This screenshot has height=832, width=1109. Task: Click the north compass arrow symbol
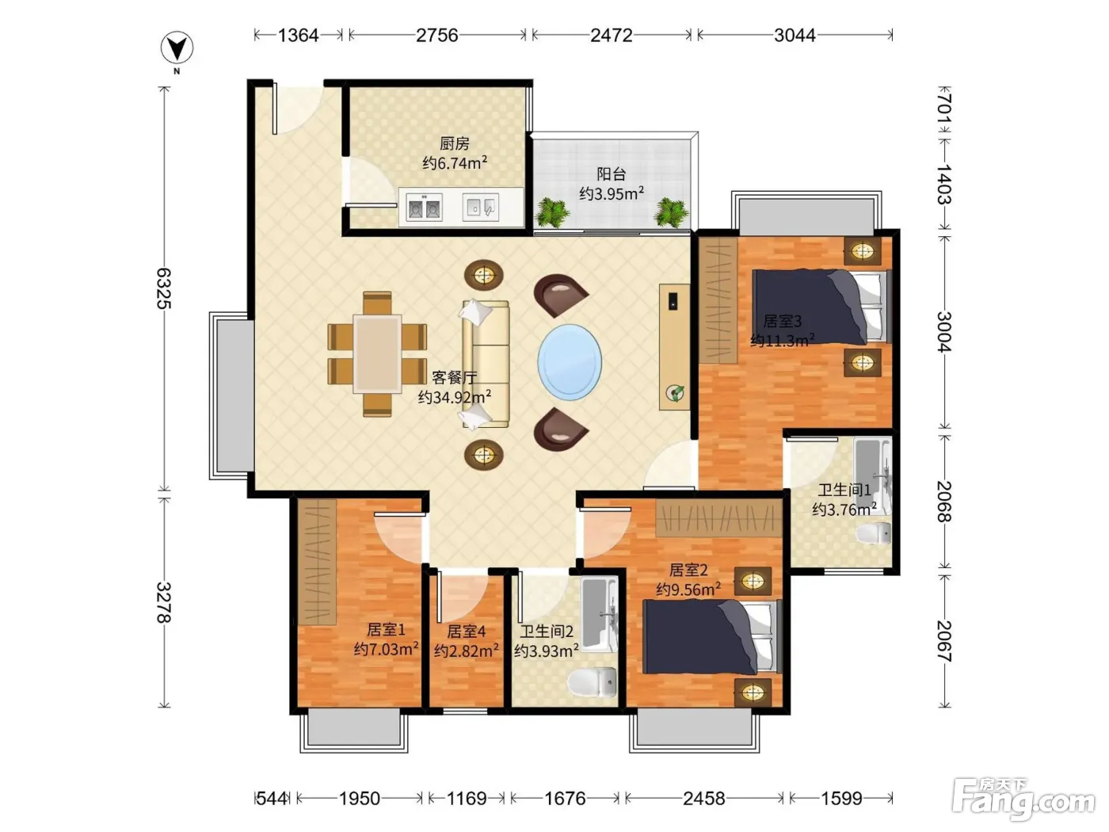click(177, 48)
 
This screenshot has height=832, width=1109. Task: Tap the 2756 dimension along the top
click(437, 36)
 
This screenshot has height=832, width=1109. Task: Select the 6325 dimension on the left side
click(164, 288)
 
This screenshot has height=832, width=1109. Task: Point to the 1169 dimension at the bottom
click(467, 798)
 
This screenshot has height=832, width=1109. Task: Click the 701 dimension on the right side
click(944, 108)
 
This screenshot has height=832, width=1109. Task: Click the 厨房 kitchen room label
click(454, 144)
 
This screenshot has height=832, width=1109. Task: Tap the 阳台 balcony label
click(612, 174)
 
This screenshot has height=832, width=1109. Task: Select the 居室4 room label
click(466, 632)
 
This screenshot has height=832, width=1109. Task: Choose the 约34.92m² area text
click(454, 398)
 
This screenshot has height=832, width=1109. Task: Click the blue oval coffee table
click(570, 362)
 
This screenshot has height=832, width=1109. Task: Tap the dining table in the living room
click(377, 353)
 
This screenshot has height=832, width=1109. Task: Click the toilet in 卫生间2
click(593, 682)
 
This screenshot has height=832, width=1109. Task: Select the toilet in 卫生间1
click(874, 533)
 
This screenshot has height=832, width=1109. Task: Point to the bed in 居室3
click(821, 307)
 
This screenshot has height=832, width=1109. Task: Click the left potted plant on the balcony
click(553, 212)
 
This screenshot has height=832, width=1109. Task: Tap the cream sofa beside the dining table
click(486, 364)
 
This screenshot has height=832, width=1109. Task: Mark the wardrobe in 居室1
click(317, 563)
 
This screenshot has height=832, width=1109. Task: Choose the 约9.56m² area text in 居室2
click(688, 590)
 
